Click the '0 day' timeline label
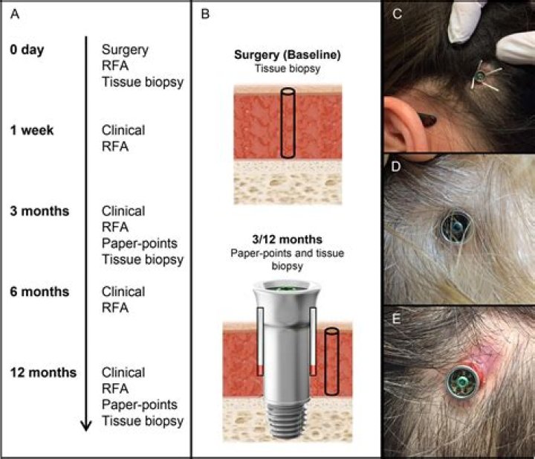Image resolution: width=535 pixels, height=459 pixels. point(27,50)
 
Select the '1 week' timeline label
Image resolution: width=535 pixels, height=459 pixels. point(32,130)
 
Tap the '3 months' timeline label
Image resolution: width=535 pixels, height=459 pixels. point(39,211)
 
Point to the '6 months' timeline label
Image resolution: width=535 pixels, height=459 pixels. point(39,292)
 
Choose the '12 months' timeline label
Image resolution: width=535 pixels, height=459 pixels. point(43,372)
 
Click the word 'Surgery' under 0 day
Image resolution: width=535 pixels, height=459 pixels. point(125,50)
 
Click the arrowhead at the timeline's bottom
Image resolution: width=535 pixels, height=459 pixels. point(86,426)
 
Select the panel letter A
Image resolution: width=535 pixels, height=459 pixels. point(15,14)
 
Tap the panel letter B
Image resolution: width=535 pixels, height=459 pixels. point(205,14)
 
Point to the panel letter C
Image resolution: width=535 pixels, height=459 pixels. point(397,14)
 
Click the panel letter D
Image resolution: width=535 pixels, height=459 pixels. point(396,167)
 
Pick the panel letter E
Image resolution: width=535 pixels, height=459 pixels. point(396,318)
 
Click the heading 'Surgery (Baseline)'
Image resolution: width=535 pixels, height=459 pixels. point(288,55)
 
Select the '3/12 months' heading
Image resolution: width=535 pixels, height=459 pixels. point(288,240)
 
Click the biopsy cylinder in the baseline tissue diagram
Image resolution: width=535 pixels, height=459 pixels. point(288,123)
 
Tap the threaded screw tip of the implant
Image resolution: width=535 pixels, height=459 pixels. point(287,420)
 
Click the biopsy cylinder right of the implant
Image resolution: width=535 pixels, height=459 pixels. point(331,362)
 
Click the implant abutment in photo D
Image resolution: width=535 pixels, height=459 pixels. point(455,227)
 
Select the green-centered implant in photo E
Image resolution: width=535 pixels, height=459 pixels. point(463,382)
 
